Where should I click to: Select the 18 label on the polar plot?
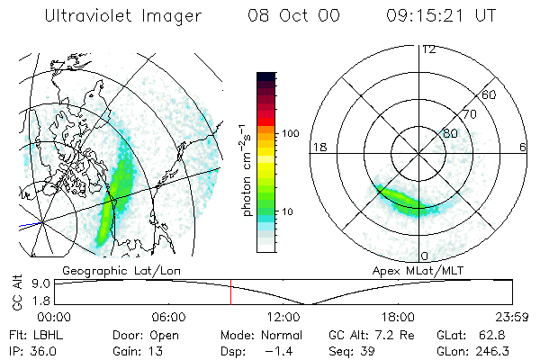pos(318,147)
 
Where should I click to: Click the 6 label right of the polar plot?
pos(523,147)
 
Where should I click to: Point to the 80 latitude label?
pos(450,133)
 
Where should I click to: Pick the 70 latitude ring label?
pos(468,114)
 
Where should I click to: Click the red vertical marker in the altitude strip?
pos(230,292)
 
